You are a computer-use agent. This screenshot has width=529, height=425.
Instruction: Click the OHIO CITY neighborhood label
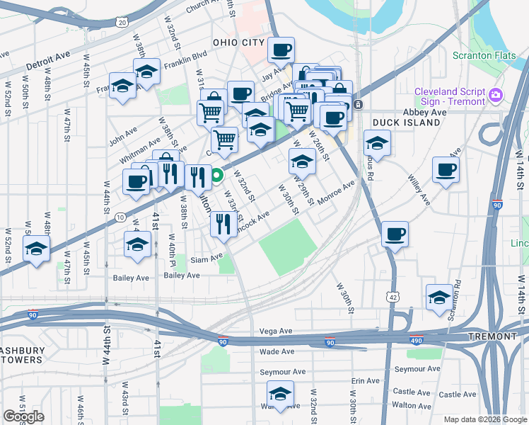(x=236, y=42)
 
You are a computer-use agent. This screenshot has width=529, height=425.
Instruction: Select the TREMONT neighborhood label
(x=492, y=336)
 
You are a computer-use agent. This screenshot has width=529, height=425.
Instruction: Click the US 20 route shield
(x=122, y=23)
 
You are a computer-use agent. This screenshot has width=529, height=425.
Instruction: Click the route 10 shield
(x=121, y=216)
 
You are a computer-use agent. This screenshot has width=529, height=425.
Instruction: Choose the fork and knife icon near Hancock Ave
(x=223, y=225)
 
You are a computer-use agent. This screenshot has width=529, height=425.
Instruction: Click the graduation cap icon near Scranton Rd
(x=439, y=297)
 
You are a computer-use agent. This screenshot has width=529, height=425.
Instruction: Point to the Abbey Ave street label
(x=424, y=112)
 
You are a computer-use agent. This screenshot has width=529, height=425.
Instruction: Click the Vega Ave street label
(x=276, y=331)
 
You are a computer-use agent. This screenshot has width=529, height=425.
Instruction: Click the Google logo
(x=23, y=416)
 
